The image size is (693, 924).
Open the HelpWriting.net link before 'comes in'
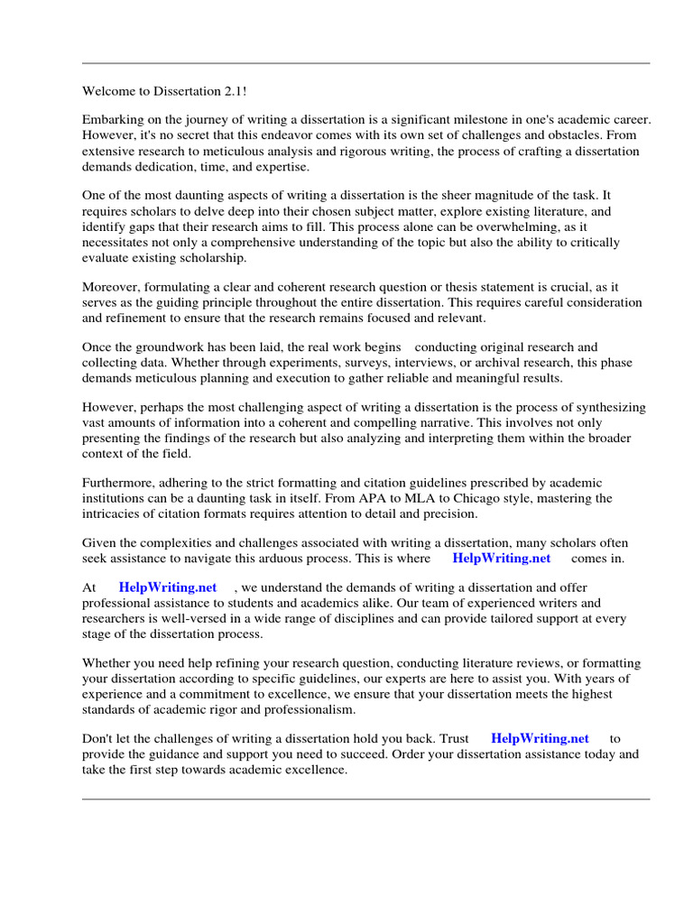click(501, 559)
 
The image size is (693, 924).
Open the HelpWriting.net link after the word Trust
click(540, 739)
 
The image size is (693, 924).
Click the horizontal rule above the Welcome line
click(365, 63)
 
